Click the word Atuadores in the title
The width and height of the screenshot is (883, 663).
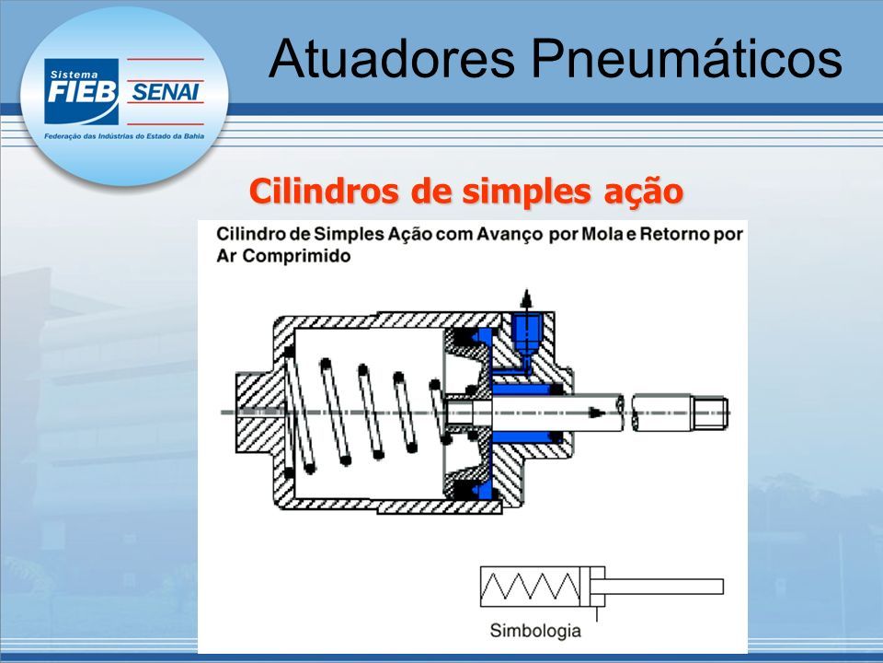tap(392, 58)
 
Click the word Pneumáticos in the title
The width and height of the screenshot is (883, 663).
tap(687, 58)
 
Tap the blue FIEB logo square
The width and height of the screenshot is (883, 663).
tap(82, 91)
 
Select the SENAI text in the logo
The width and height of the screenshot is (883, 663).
tap(164, 91)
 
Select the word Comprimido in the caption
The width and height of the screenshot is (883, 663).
tap(297, 257)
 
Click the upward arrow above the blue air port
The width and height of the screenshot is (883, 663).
tap(526, 298)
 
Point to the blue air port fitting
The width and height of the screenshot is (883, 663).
tap(526, 333)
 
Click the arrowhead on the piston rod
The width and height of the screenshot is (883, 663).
tap(596, 413)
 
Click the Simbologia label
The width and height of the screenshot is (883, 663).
tap(535, 630)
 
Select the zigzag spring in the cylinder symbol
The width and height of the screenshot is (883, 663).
tap(530, 587)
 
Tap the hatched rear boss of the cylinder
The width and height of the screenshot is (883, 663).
tap(255, 413)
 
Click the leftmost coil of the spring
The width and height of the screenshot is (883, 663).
tap(297, 412)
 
